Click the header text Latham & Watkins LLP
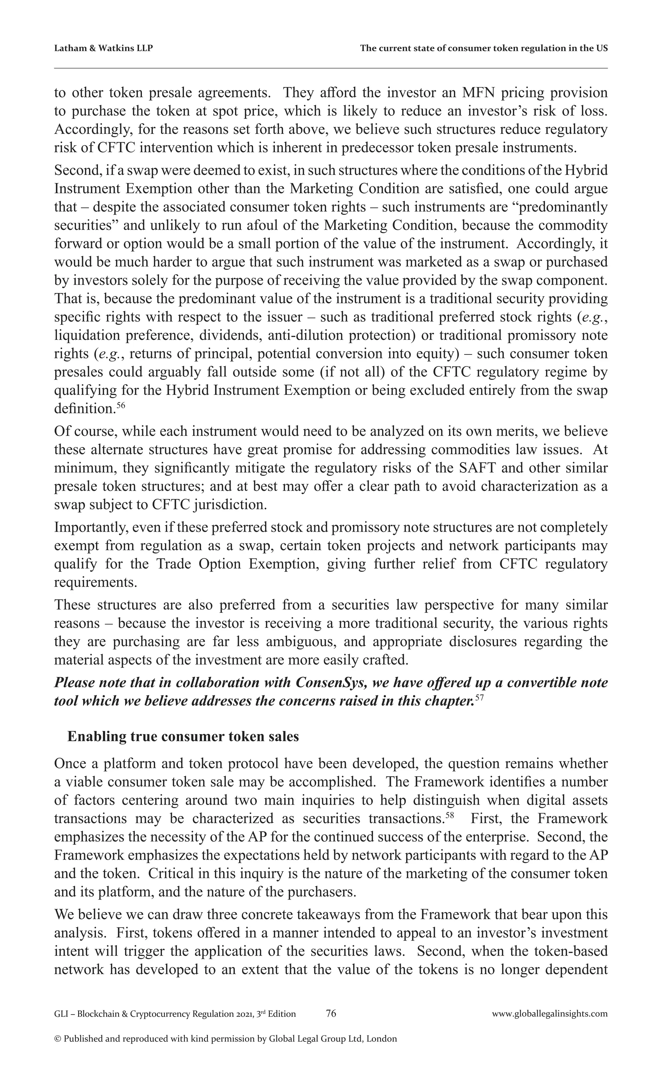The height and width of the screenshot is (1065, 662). point(103,48)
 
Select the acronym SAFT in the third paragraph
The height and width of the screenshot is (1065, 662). point(477,468)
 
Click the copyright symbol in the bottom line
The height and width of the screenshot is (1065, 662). point(57,1039)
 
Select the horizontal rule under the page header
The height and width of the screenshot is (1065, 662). point(331,68)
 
